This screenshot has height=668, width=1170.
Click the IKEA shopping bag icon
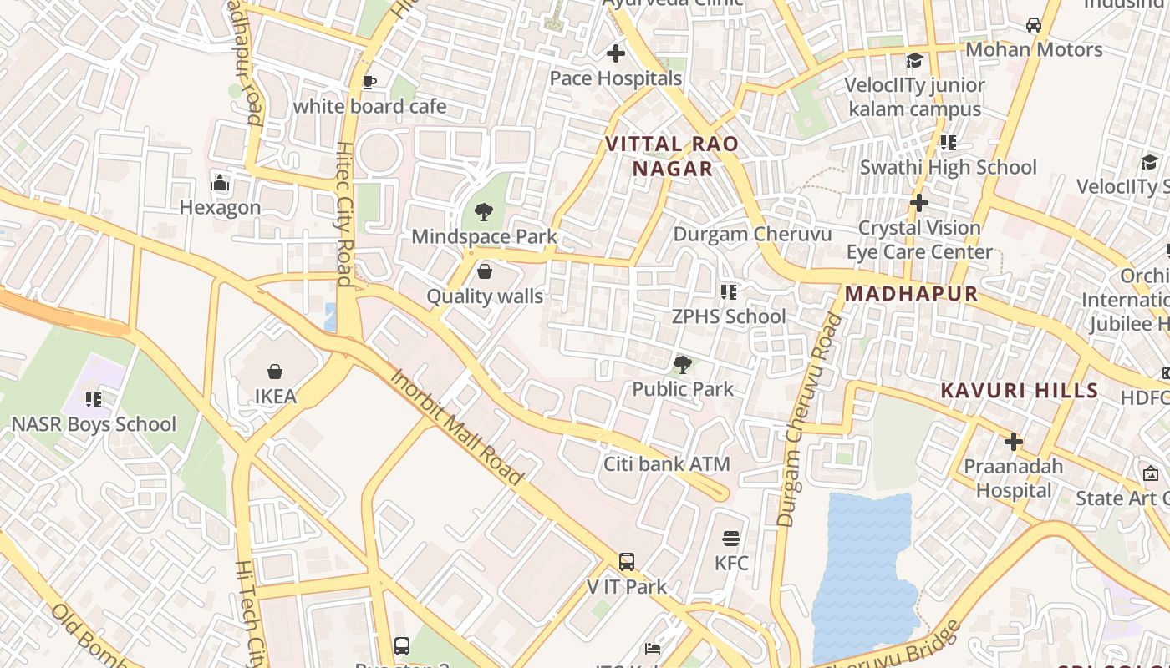(x=275, y=371)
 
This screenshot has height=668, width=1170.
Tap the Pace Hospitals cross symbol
(x=616, y=54)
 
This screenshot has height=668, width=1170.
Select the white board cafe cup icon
(x=369, y=82)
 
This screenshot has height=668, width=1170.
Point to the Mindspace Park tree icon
(x=483, y=211)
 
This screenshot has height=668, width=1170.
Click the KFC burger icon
(x=731, y=538)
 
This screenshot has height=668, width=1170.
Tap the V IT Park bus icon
(x=627, y=562)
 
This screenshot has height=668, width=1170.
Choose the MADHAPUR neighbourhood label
(x=911, y=294)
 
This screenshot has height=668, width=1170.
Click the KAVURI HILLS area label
(x=1019, y=391)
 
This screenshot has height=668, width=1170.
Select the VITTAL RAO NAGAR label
(x=672, y=156)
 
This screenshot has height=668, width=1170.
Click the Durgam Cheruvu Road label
(x=808, y=419)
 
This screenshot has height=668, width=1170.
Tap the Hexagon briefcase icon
(x=220, y=183)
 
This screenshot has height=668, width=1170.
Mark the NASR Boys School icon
(x=93, y=400)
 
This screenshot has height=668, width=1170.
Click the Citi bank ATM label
(x=666, y=464)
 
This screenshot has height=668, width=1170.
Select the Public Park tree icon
(x=683, y=364)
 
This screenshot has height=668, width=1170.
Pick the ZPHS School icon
(x=729, y=291)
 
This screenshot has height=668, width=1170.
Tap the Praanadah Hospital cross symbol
(x=1014, y=441)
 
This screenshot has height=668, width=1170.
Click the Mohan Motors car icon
(x=1034, y=25)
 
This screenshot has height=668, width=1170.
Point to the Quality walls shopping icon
(x=484, y=271)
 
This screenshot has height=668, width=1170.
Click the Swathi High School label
(x=948, y=167)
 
